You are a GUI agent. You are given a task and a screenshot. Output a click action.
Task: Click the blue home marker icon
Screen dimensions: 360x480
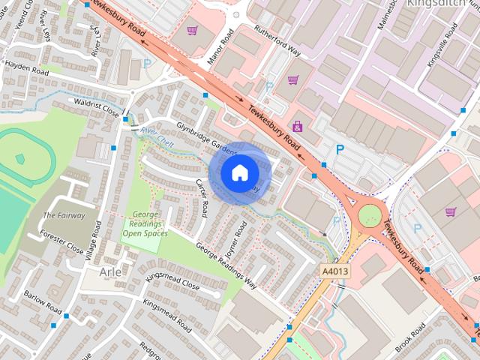coord(239,173)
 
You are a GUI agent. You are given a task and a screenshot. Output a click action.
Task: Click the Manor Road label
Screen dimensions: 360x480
coord(223,43)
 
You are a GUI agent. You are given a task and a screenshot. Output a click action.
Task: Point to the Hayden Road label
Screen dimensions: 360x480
coord(26,65)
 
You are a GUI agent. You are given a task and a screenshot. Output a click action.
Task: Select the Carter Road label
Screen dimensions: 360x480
coord(201,197)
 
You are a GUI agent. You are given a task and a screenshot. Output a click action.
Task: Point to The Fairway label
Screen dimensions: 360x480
coord(64,215)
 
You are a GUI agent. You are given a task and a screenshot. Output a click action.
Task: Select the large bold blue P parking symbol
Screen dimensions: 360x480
coord(340,149)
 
